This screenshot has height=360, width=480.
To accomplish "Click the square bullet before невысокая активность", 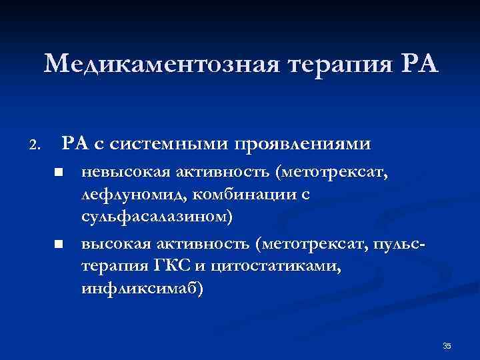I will (x=59, y=173).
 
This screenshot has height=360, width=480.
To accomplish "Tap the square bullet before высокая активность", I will (x=59, y=245).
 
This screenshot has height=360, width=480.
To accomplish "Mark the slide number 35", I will (x=447, y=345).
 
